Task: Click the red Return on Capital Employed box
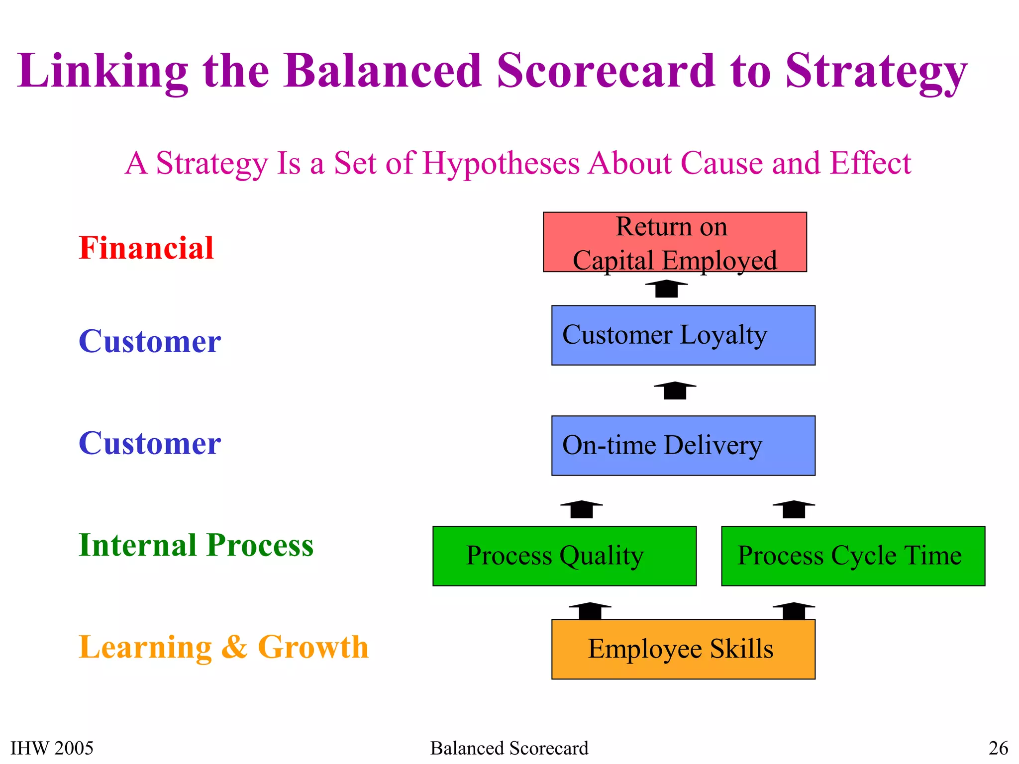click(x=675, y=242)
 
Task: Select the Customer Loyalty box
click(x=683, y=335)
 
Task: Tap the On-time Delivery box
click(x=683, y=446)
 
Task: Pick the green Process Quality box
click(x=564, y=556)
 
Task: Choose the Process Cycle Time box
click(x=853, y=556)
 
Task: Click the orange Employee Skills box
click(x=683, y=650)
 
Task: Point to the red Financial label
click(x=146, y=248)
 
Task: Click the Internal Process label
click(x=196, y=545)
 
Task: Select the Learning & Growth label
click(x=223, y=647)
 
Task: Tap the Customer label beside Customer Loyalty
click(x=150, y=342)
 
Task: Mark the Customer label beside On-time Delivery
click(x=150, y=443)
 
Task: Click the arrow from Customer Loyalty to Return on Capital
click(x=666, y=289)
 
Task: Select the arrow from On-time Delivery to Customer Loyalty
click(x=675, y=390)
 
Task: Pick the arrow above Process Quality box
click(x=581, y=509)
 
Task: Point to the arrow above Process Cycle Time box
click(x=794, y=509)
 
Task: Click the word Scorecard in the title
click(x=606, y=71)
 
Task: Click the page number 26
click(x=998, y=748)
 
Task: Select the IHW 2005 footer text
click(x=52, y=748)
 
